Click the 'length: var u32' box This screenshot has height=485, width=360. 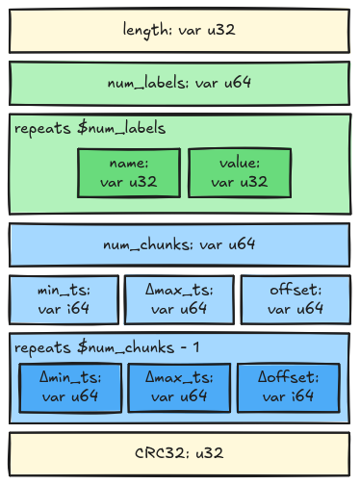coord(179,31)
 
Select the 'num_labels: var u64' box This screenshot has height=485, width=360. coord(179,84)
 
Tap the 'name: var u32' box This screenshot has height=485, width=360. coord(129,173)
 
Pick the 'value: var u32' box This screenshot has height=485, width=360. coord(240,173)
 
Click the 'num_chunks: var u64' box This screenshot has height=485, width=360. coord(179,245)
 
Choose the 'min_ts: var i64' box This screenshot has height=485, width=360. coord(64,299)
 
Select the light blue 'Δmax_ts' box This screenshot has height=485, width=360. coord(179,299)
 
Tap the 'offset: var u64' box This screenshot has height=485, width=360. coord(296,299)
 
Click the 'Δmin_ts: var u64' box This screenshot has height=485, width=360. coord(70,388)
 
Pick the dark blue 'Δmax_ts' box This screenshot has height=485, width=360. coord(179,388)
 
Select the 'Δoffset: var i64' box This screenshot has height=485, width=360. coord(289,388)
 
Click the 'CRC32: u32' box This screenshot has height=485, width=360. coord(179,454)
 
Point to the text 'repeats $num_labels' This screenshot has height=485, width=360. coord(90,128)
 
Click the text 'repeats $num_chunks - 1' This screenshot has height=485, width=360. coord(107,347)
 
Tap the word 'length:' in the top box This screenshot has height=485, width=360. coord(147,31)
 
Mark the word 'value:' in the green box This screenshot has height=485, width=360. coord(240,163)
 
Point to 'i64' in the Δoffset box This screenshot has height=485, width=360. coord(302,396)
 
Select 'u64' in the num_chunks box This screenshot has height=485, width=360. coord(242,244)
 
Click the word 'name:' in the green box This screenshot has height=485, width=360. coord(129,164)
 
